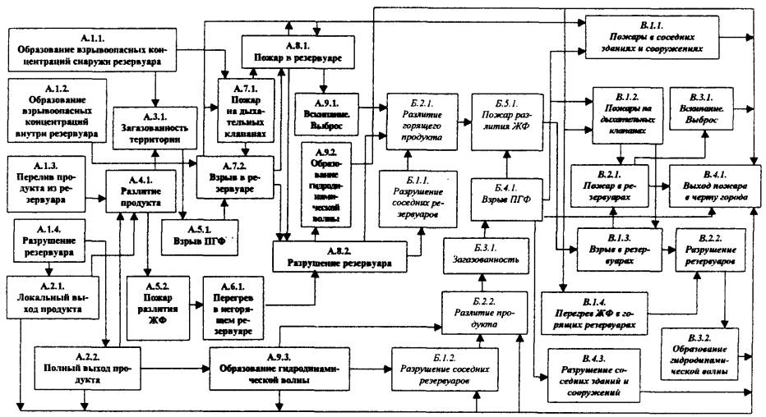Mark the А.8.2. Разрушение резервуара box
tap(339, 257)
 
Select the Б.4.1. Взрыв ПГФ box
tap(504, 197)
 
